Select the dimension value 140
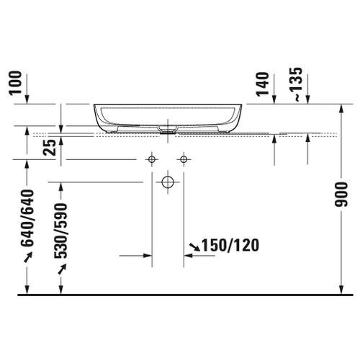tap(261, 84)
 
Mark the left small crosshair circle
tap(153, 159)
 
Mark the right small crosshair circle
tap(184, 159)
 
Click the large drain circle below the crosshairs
tap(168, 182)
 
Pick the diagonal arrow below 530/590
tap(61, 269)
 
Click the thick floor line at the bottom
tap(180, 295)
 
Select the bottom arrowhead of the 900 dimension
tap(341, 290)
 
